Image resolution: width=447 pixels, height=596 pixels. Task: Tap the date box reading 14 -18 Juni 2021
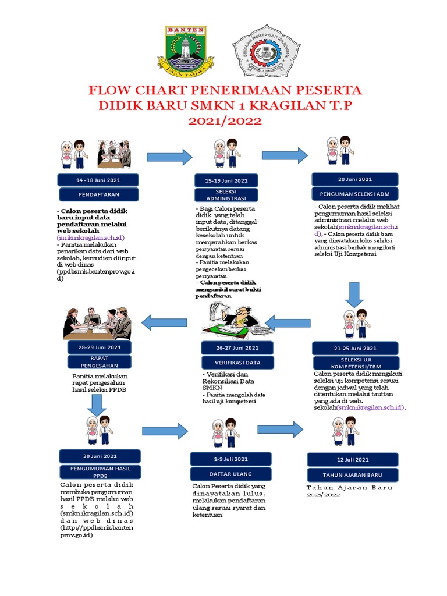(x=98, y=180)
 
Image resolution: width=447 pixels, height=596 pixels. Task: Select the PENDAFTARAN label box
(x=98, y=194)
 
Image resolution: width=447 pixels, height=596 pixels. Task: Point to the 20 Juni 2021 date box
(x=354, y=179)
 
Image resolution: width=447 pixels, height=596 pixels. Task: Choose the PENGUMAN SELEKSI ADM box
(x=354, y=193)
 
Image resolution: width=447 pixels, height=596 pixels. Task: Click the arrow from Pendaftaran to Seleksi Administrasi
(x=169, y=157)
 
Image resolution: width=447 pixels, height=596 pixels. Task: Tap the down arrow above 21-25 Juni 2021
(x=354, y=295)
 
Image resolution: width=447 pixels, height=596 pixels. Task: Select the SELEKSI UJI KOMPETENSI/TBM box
(x=354, y=363)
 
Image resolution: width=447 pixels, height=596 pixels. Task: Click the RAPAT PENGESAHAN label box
(x=99, y=361)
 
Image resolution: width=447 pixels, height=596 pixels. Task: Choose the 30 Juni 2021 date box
(x=100, y=456)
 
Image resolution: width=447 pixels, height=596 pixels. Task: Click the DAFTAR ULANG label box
(x=231, y=473)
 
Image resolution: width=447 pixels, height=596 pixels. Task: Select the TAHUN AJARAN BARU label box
(x=353, y=474)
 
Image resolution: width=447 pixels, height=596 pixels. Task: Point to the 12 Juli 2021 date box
(x=353, y=460)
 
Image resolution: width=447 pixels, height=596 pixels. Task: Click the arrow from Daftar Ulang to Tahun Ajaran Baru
(x=281, y=430)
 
